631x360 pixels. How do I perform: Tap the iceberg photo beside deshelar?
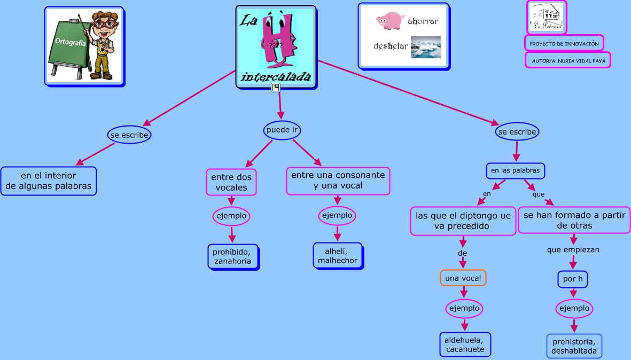[426, 46]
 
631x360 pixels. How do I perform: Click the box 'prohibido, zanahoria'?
[233, 256]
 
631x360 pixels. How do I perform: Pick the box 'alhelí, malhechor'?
[337, 255]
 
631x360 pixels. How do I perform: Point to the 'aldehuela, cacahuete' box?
[465, 345]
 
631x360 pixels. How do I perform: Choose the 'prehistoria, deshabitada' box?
[574, 346]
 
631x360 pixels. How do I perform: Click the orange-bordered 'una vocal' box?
[463, 278]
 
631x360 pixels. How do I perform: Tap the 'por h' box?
[573, 279]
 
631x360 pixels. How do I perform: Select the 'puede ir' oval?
[282, 130]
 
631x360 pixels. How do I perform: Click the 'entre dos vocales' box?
[231, 182]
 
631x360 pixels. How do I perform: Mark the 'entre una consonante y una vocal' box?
[338, 181]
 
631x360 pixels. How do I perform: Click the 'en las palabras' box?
[516, 171]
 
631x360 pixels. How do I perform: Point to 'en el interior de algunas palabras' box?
[49, 181]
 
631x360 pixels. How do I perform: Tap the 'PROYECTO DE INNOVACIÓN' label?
[564, 43]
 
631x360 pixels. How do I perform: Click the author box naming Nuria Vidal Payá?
[567, 60]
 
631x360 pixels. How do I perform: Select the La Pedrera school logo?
[547, 17]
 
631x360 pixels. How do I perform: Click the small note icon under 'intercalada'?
[276, 88]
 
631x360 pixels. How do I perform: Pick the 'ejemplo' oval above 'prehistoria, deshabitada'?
[574, 308]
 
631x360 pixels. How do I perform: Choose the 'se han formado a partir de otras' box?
[574, 220]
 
